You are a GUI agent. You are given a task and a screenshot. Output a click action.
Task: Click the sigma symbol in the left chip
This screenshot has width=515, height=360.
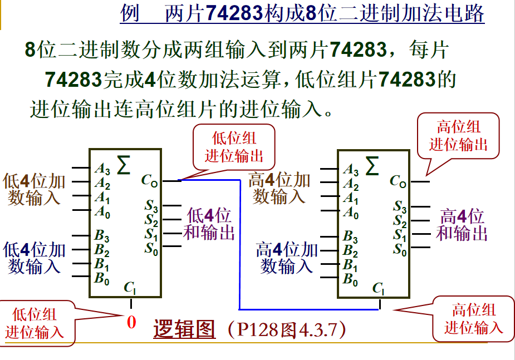(124, 165)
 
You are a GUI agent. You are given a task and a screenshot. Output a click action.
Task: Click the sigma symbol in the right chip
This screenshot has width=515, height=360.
(372, 166)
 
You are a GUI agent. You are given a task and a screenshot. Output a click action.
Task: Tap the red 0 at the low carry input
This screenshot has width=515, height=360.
(131, 322)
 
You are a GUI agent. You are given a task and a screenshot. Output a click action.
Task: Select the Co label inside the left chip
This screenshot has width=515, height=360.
(149, 180)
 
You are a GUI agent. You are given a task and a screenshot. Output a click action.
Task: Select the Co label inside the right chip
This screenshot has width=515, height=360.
(398, 181)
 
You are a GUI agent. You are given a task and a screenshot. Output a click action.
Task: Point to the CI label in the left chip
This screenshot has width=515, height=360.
(129, 288)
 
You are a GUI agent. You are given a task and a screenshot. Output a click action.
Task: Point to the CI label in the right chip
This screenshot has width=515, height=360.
(378, 288)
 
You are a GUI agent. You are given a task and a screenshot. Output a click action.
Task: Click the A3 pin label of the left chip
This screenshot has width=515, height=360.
(102, 169)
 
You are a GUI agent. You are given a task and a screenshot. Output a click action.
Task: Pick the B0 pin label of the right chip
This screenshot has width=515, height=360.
(350, 280)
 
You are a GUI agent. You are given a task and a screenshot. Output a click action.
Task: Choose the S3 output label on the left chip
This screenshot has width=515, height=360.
(151, 206)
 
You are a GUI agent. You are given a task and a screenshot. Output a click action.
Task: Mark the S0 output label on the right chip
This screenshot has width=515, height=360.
(400, 250)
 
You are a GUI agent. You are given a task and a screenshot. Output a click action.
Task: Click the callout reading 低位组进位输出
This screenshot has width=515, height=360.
(234, 147)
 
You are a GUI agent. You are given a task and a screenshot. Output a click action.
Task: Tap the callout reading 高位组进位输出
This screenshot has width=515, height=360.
(458, 136)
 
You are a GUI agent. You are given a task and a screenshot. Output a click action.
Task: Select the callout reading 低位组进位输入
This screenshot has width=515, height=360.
(34, 323)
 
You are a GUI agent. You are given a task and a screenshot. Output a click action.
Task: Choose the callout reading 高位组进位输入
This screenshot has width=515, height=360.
(473, 319)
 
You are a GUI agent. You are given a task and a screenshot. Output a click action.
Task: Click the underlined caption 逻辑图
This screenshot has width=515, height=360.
(184, 329)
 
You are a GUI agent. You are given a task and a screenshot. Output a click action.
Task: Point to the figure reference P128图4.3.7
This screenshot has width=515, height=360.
(287, 329)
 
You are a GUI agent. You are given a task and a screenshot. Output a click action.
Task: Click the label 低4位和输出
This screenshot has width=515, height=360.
(209, 224)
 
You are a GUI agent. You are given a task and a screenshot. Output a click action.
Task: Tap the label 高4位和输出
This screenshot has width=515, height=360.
(462, 225)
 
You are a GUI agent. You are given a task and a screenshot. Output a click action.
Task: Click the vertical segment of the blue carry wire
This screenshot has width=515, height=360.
(240, 244)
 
